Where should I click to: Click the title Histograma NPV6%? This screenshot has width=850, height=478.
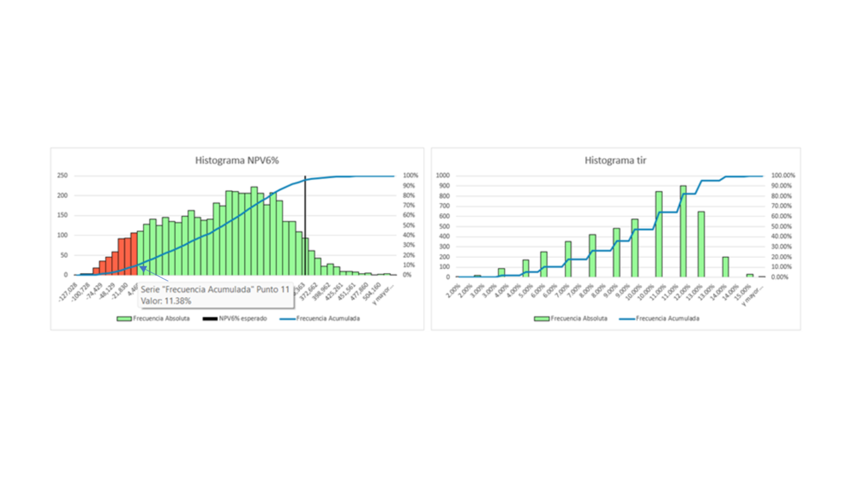[x=237, y=160]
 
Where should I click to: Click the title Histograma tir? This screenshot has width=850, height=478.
[x=615, y=160]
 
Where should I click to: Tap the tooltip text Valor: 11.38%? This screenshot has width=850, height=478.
[x=166, y=301]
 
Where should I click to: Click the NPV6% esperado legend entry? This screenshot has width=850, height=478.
[x=235, y=318]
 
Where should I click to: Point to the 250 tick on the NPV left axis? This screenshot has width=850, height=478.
[x=62, y=175]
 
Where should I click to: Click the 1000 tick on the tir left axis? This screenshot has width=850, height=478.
[x=443, y=175]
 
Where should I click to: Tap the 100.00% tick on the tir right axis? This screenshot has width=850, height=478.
[x=783, y=175]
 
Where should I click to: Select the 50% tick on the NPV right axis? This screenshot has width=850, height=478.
[x=409, y=225]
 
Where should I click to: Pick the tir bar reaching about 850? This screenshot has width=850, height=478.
[x=659, y=235]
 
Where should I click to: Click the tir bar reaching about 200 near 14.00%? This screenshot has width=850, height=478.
[x=726, y=267]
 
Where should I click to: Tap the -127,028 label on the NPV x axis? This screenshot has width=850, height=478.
[x=68, y=292]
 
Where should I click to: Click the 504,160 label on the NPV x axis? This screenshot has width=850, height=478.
[x=371, y=292]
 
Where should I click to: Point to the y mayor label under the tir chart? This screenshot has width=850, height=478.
[x=753, y=296]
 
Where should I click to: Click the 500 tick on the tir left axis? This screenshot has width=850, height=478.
[x=444, y=226]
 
